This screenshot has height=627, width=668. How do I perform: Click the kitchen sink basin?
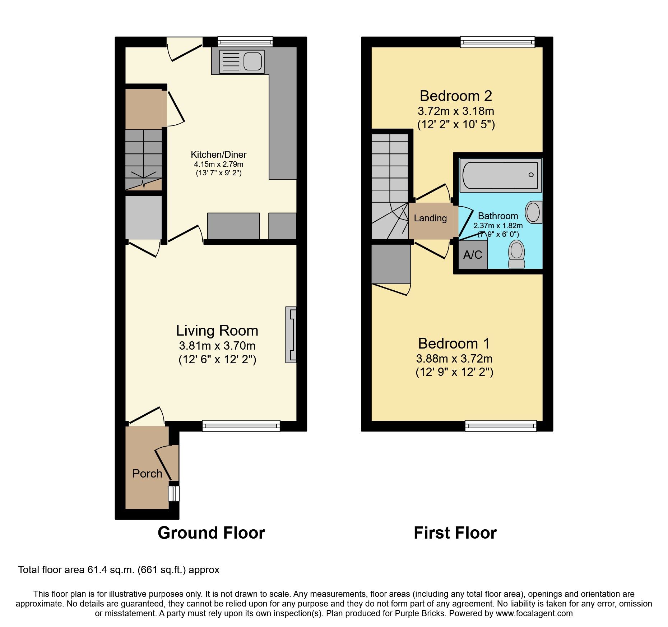[252, 61]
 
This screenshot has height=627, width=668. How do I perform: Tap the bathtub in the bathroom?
[500, 175]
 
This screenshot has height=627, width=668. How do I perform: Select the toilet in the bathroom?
[516, 254]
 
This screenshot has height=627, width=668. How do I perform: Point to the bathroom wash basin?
[533, 212]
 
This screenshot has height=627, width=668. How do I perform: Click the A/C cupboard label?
[473, 255]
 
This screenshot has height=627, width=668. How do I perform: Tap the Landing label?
[430, 218]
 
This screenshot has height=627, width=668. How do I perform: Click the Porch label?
[147, 474]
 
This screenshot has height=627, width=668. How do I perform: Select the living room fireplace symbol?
[291, 335]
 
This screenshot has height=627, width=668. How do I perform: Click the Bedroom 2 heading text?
[456, 96]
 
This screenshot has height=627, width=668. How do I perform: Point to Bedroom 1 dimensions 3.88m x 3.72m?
[454, 359]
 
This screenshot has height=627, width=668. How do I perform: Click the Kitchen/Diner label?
[218, 155]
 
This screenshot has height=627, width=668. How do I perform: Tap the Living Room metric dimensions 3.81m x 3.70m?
[217, 346]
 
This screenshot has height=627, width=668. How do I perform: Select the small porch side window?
[174, 493]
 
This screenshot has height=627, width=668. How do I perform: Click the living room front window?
[241, 426]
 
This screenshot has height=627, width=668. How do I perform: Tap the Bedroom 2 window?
[497, 42]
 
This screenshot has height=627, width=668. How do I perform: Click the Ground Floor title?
[211, 533]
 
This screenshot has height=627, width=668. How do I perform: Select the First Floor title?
[455, 533]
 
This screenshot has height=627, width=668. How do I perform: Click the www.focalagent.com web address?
[534, 613]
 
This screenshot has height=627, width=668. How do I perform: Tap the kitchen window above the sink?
[245, 42]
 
